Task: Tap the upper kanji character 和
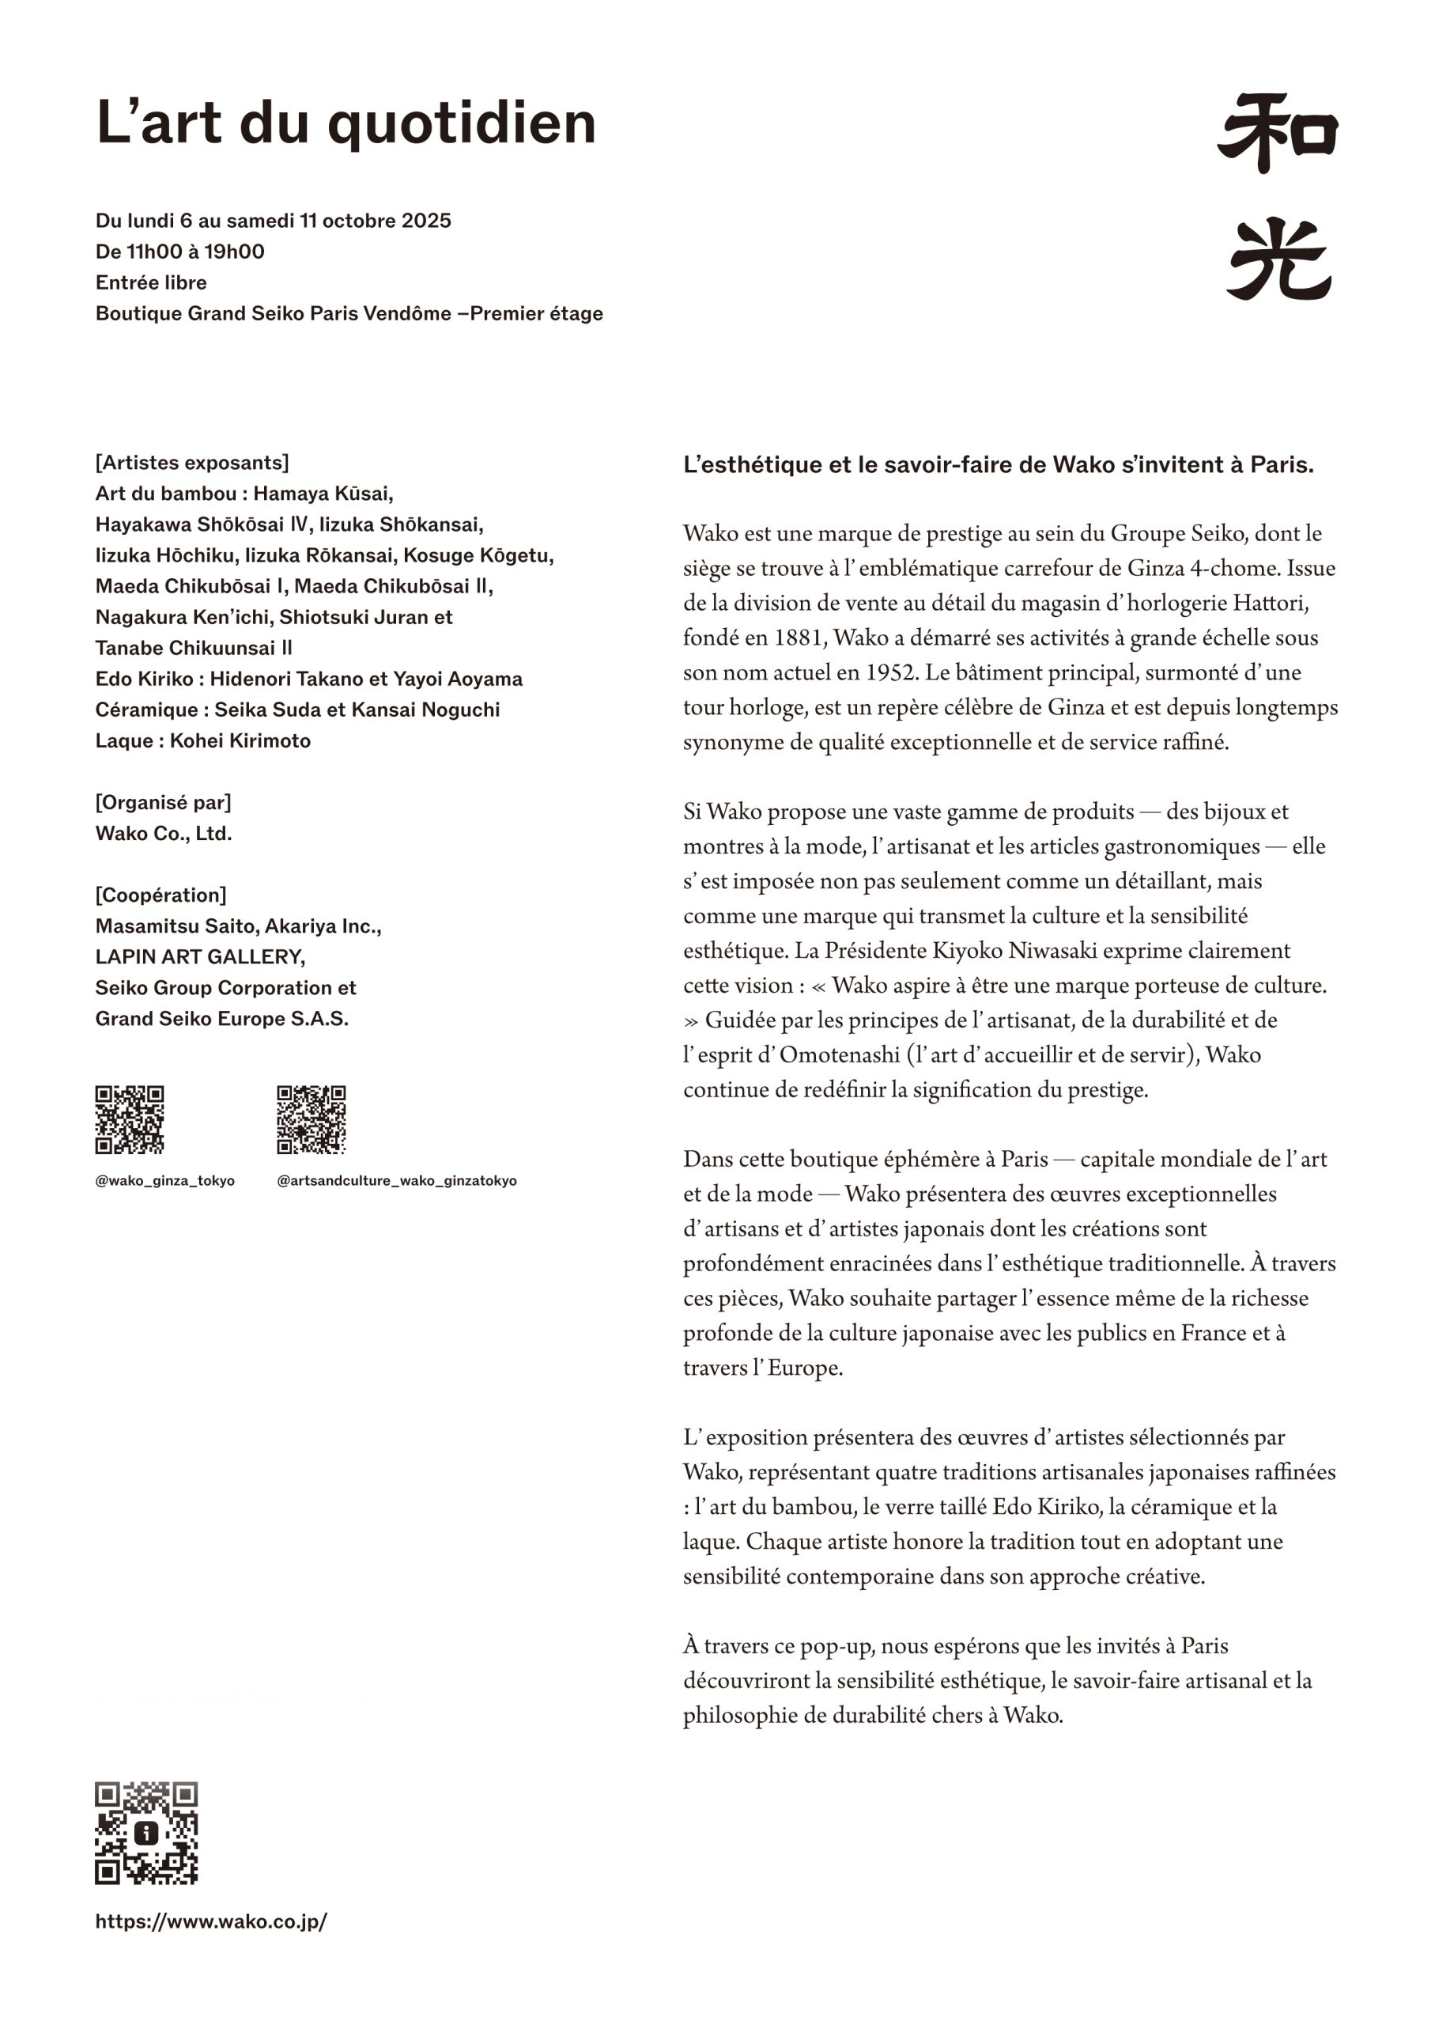click(x=1278, y=134)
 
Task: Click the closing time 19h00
click(x=234, y=252)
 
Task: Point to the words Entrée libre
click(x=151, y=283)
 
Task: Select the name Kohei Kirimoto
click(x=240, y=740)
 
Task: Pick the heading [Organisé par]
click(x=164, y=803)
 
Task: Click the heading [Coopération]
click(x=160, y=895)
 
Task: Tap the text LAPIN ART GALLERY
click(x=200, y=957)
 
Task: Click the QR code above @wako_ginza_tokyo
click(x=130, y=1120)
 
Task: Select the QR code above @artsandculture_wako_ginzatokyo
click(x=311, y=1120)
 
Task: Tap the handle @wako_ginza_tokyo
click(x=165, y=1181)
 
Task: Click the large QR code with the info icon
click(x=147, y=1834)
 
